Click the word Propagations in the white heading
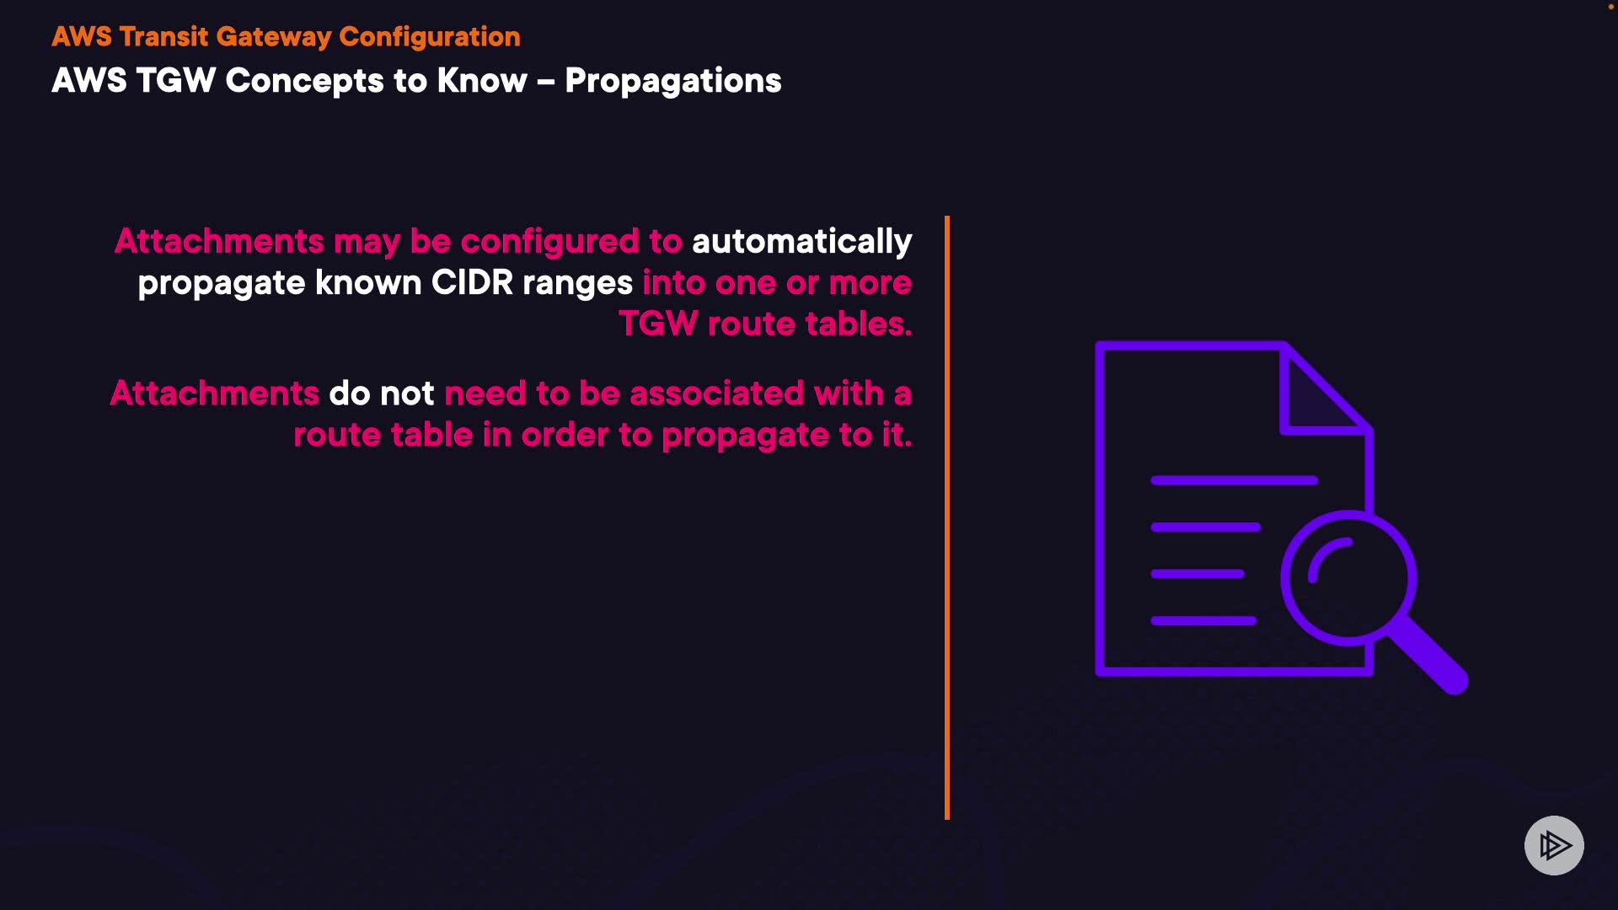[x=673, y=82]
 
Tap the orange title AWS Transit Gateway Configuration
[x=287, y=37]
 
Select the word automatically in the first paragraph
[x=802, y=242]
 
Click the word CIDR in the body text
[x=472, y=283]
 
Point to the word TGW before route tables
[x=658, y=324]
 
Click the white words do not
[x=382, y=393]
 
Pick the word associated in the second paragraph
[x=717, y=393]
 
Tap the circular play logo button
[x=1554, y=845]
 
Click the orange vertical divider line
[x=947, y=517]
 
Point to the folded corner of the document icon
[x=1324, y=389]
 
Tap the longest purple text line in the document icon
[x=1234, y=480]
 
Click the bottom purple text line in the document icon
[x=1203, y=621]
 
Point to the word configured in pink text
[x=549, y=242]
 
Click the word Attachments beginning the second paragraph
[x=215, y=393]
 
